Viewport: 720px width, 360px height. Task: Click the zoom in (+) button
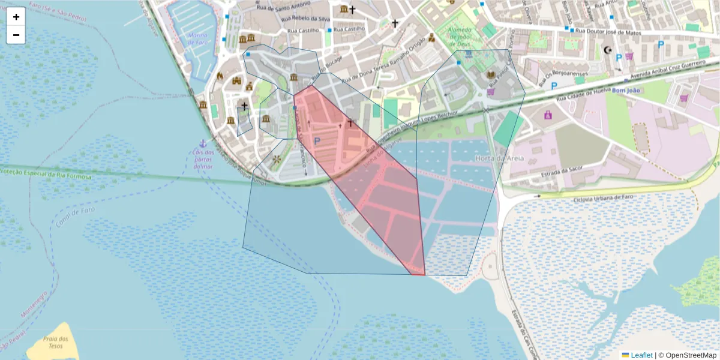[x=16, y=17]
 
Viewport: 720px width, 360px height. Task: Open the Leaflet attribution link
[x=641, y=355]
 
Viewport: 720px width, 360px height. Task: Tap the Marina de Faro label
[x=198, y=39]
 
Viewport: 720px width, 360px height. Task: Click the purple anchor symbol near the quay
[x=203, y=143]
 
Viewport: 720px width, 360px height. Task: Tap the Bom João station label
[x=626, y=91]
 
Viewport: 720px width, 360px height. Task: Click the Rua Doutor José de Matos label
[x=609, y=31]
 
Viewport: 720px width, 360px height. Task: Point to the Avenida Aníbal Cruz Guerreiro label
[x=665, y=70]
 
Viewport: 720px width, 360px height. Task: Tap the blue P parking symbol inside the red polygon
[x=317, y=140]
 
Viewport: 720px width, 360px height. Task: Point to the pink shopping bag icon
[x=547, y=114]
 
